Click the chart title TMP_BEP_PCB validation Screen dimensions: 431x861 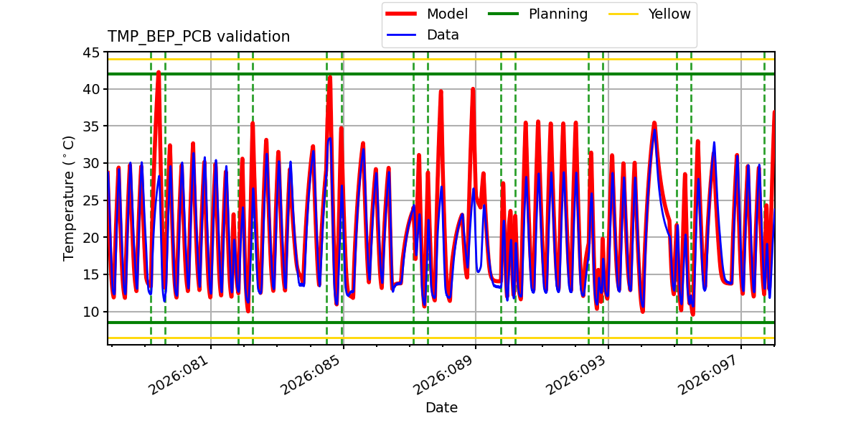pyautogui.click(x=199, y=37)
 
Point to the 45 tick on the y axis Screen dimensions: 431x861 pyautogui.click(x=91, y=52)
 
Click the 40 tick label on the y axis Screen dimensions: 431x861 pyautogui.click(x=91, y=89)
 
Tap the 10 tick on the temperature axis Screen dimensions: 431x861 pyautogui.click(x=91, y=312)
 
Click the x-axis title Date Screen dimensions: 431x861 pyautogui.click(x=441, y=407)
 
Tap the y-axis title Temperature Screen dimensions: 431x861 pyautogui.click(x=69, y=198)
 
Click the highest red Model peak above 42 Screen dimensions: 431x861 pyautogui.click(x=159, y=71)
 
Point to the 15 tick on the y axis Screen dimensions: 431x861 pyautogui.click(x=91, y=274)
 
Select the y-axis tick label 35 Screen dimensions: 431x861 pyautogui.click(x=91, y=126)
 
